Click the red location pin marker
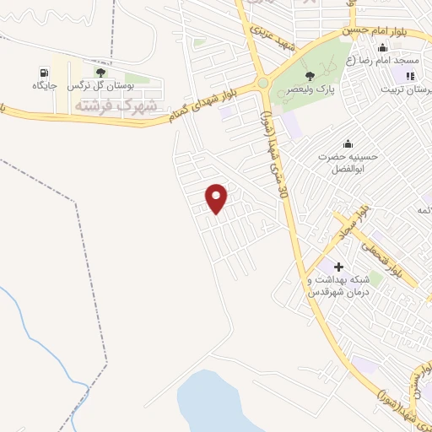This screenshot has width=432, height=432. (x=218, y=197)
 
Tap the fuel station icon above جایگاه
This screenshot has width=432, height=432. (x=43, y=73)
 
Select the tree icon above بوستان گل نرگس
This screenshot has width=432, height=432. (x=100, y=73)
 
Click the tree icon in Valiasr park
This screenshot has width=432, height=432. (x=310, y=77)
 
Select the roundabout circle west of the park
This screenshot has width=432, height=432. (x=262, y=83)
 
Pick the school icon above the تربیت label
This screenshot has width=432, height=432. (x=410, y=76)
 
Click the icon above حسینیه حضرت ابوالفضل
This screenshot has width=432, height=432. (x=346, y=143)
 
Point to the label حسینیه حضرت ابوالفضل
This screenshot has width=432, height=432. (x=346, y=161)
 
